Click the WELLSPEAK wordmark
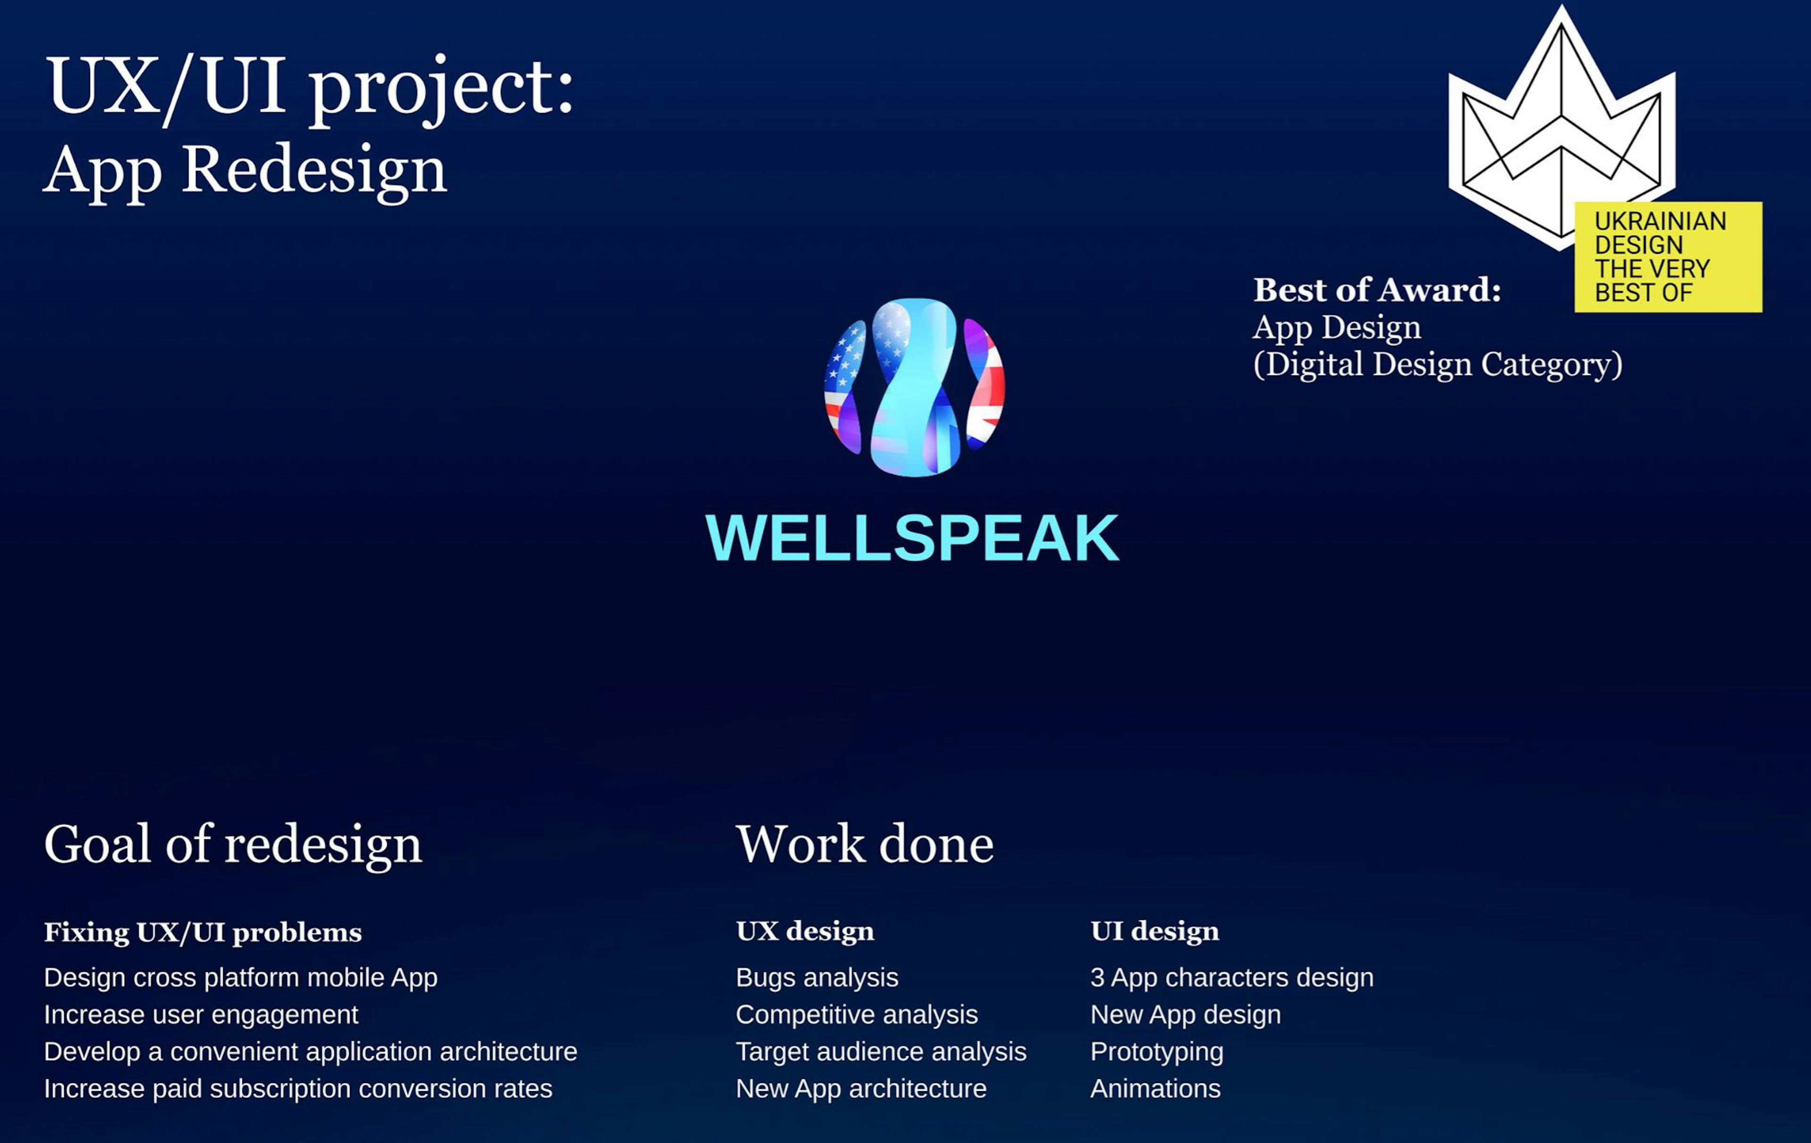(x=912, y=538)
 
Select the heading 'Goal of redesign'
(x=233, y=844)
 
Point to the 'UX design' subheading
(x=805, y=931)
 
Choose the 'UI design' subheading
(x=1155, y=931)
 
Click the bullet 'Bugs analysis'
(x=817, y=977)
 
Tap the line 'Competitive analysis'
(x=856, y=1014)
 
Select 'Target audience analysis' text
(x=881, y=1051)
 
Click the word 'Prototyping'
(x=1157, y=1051)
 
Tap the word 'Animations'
(x=1155, y=1088)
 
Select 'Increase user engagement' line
(x=201, y=1014)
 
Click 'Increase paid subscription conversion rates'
(x=298, y=1088)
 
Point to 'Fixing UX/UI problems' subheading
(x=202, y=932)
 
